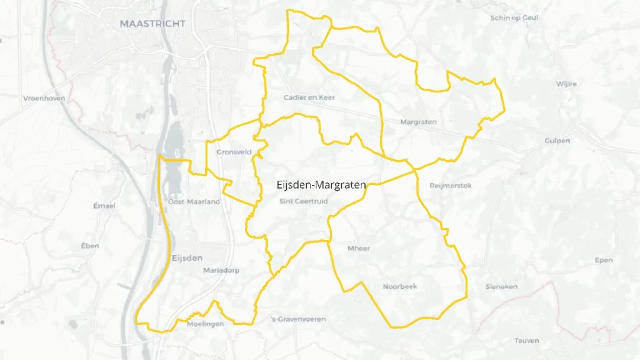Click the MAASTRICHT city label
152,24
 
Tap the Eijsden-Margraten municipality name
321,184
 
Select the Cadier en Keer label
309,97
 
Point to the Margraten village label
418,122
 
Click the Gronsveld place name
234,152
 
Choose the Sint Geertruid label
303,201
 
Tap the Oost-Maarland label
194,201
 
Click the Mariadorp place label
221,271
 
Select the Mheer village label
358,248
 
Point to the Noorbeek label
399,286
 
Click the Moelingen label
205,324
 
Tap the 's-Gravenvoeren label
297,319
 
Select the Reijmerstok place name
451,186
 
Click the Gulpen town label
557,141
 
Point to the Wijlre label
566,84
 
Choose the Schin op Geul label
514,18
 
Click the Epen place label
603,260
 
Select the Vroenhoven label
44,98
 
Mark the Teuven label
526,341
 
